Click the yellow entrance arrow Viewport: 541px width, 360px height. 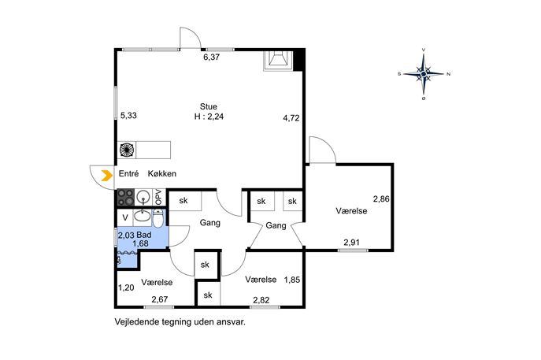point(107,176)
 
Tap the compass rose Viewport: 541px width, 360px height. point(424,74)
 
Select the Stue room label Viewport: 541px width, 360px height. point(209,106)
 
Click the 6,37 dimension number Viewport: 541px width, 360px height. point(212,58)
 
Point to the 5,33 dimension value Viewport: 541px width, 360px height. point(128,115)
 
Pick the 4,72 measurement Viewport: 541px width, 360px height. point(291,118)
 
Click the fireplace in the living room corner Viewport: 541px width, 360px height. point(278,61)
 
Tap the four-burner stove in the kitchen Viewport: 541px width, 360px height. point(125,198)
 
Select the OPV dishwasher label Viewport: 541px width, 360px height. point(159,197)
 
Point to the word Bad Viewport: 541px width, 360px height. point(144,235)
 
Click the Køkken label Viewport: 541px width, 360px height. point(162,173)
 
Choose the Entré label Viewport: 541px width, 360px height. point(128,173)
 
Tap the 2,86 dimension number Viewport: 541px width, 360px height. point(381,199)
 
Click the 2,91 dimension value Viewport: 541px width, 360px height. point(351,243)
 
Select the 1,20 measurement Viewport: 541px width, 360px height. point(126,288)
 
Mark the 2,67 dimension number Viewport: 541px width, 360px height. point(159,299)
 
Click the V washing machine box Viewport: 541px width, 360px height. point(125,217)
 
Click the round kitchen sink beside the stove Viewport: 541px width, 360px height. point(143,197)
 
